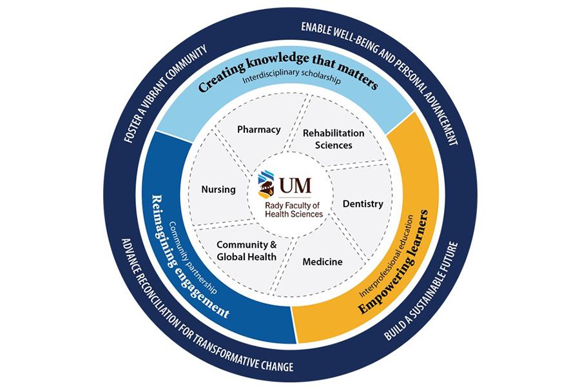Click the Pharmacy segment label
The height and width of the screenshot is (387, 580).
259,130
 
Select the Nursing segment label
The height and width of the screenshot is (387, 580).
218,190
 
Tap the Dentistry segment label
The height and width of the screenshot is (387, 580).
363,204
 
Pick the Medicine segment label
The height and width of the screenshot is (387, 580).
322,262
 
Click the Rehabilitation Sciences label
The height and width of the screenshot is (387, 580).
333,139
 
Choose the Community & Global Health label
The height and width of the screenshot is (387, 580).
246,251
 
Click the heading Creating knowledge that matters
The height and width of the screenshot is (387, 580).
287,75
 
